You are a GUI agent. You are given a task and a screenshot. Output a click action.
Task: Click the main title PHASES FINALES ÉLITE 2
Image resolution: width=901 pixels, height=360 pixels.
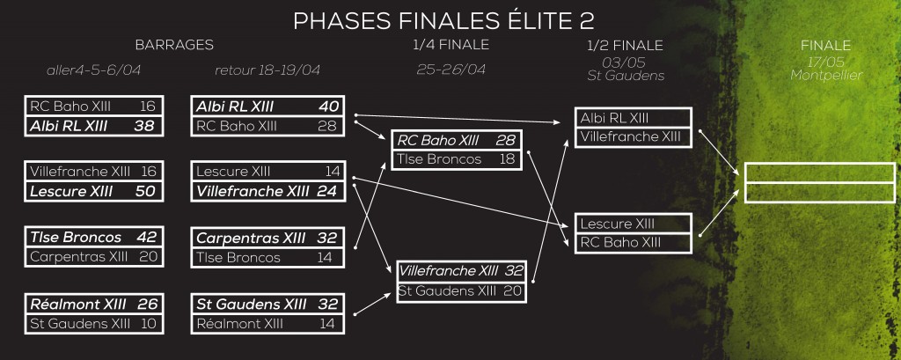click(x=443, y=21)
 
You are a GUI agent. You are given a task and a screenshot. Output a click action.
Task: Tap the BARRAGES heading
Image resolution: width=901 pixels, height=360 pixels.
click(x=174, y=45)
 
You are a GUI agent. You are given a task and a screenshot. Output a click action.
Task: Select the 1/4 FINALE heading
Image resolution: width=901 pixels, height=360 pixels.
click(x=451, y=44)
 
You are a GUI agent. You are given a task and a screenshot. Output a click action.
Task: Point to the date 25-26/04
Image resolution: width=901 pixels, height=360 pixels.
click(x=451, y=70)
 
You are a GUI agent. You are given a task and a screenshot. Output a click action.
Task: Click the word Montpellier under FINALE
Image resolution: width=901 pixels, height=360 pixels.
click(x=826, y=75)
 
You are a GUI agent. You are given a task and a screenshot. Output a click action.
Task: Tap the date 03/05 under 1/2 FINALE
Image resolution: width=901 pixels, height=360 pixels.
click(x=626, y=62)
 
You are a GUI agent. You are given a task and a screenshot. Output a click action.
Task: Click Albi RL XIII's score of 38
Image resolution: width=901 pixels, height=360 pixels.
click(x=143, y=126)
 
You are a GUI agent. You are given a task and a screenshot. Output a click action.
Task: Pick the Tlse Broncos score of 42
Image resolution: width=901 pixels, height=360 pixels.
click(x=147, y=238)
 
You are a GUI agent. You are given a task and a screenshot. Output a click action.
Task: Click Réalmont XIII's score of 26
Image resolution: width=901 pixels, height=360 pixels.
click(x=147, y=304)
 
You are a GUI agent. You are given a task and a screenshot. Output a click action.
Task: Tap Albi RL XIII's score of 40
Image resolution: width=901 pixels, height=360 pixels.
click(x=329, y=107)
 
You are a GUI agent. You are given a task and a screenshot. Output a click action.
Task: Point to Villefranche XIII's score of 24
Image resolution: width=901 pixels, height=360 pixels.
click(x=326, y=191)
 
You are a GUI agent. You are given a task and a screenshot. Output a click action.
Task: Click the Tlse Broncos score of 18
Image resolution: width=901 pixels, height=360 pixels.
click(x=507, y=159)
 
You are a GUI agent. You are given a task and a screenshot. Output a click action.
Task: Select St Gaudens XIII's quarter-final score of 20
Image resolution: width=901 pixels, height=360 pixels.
click(x=513, y=291)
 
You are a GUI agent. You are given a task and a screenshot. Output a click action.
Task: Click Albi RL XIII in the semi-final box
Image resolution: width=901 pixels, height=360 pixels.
click(x=614, y=118)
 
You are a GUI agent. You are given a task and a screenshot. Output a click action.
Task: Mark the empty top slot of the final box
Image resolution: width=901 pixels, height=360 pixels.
click(x=820, y=173)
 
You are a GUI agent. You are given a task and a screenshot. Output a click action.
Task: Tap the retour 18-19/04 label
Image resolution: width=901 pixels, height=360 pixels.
click(x=267, y=70)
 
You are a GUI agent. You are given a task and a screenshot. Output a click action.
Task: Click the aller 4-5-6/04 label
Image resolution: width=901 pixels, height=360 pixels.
click(x=93, y=70)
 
